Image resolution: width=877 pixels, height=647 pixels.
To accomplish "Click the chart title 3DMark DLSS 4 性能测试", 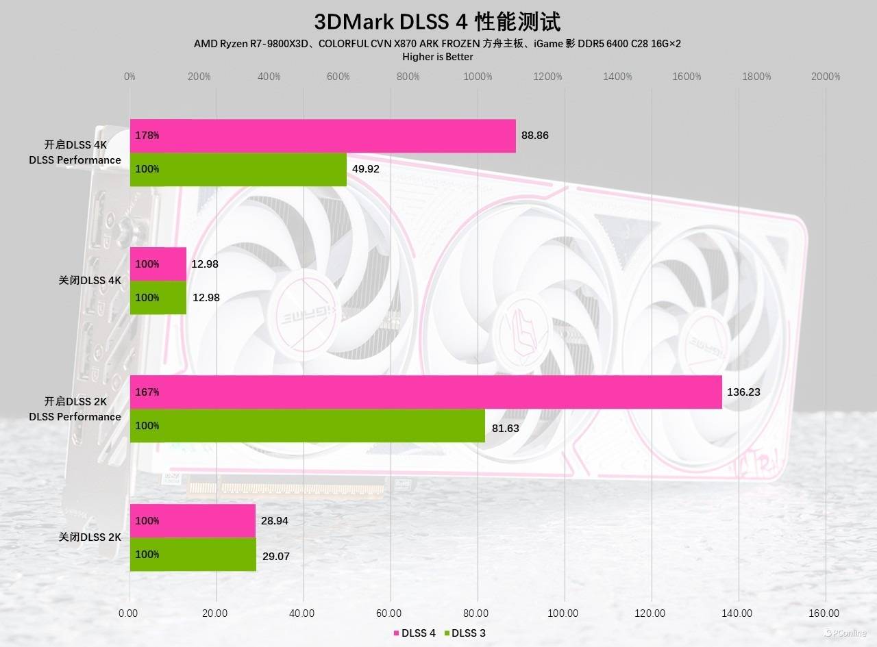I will [x=437, y=21].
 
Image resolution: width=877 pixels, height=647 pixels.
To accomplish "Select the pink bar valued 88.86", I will [x=323, y=136].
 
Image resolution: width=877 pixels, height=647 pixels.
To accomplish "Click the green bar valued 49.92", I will [x=238, y=169].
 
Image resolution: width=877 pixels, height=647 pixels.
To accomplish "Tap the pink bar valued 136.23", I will [x=425, y=392].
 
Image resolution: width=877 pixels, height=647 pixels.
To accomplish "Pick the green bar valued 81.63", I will [x=308, y=426].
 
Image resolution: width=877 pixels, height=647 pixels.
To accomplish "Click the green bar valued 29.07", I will [x=193, y=555].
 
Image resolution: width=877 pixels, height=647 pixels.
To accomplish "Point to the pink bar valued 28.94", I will [x=193, y=521].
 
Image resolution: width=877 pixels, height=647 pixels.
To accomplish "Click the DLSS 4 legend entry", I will [x=415, y=633].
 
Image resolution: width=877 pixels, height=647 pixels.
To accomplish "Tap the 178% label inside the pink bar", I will [x=147, y=136].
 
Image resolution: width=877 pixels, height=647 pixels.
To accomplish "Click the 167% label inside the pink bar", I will [x=147, y=392].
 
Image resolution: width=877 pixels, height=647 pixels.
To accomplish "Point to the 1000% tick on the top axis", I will [x=478, y=77].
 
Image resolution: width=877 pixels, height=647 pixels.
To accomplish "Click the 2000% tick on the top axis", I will [x=825, y=77].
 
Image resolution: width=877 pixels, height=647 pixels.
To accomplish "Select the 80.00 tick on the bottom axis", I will [x=476, y=613].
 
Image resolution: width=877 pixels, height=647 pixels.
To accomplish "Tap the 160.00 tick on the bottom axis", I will [x=824, y=613].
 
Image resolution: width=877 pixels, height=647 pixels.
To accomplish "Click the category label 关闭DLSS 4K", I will [x=90, y=281].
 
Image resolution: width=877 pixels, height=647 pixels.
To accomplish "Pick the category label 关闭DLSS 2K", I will [x=90, y=537].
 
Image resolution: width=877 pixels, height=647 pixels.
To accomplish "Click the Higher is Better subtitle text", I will [x=437, y=57].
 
